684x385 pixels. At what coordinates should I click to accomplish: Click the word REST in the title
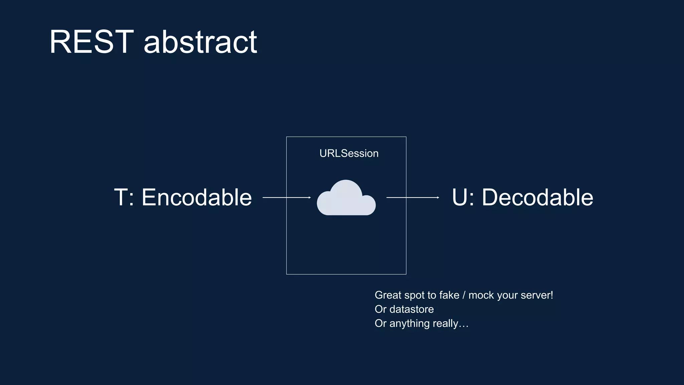(x=92, y=42)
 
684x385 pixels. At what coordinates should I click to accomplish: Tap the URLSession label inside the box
(x=349, y=153)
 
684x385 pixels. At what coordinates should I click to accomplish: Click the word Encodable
(x=197, y=198)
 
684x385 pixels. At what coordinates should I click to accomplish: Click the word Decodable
(x=537, y=198)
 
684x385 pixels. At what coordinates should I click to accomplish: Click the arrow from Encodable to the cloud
(x=287, y=198)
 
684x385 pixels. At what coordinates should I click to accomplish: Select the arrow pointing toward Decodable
(x=412, y=198)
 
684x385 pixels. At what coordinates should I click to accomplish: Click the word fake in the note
(x=449, y=295)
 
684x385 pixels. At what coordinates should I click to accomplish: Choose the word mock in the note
(x=481, y=295)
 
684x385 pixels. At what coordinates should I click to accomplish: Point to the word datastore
(x=411, y=309)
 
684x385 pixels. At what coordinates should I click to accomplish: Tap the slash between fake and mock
(x=464, y=295)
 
